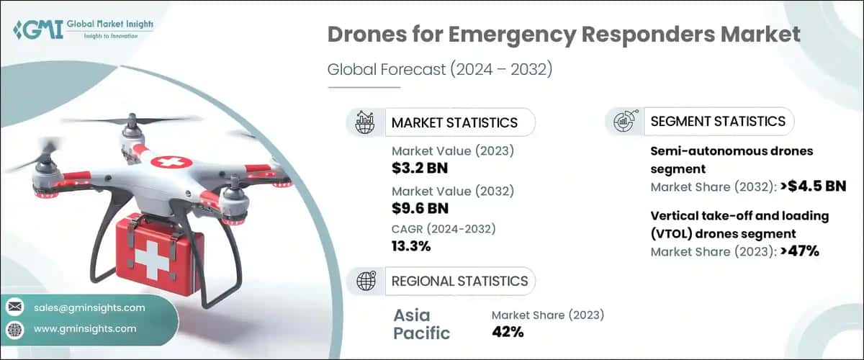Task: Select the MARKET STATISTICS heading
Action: point(454,122)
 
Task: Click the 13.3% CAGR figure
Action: point(411,246)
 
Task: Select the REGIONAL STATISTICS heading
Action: point(459,281)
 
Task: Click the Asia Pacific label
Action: point(422,323)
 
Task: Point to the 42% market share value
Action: point(508,332)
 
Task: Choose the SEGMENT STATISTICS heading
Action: point(718,121)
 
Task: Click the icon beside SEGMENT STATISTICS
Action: point(624,122)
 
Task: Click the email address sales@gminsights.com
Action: point(89,307)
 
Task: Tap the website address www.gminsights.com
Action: point(85,329)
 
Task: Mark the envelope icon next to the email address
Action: point(15,307)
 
